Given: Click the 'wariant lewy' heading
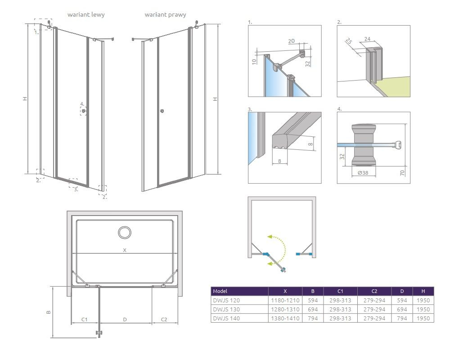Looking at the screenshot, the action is click(x=86, y=15).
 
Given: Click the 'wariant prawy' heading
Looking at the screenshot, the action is click(x=165, y=15).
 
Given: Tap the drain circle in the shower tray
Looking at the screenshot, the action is click(x=125, y=232).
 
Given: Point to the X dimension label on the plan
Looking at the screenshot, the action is click(x=125, y=250).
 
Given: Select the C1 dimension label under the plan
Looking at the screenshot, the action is click(x=84, y=319).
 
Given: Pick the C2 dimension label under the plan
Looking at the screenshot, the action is click(x=164, y=319).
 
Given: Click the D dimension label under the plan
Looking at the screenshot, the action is click(x=125, y=319).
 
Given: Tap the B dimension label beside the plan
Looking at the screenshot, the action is click(x=49, y=312).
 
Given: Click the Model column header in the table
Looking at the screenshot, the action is click(x=220, y=291).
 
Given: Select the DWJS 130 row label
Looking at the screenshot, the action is click(x=226, y=310).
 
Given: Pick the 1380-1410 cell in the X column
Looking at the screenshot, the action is click(x=285, y=318).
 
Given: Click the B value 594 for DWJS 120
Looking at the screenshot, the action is click(x=313, y=300).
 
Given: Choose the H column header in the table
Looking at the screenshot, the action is click(x=423, y=291).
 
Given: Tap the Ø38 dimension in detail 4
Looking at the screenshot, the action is click(x=363, y=173).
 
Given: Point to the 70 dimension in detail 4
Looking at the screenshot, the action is click(x=402, y=173).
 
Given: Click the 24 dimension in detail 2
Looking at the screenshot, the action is click(x=367, y=39).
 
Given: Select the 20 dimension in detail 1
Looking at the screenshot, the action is click(x=291, y=41).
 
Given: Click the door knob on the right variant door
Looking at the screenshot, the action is click(x=162, y=111).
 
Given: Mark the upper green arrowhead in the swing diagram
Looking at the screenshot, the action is click(x=270, y=237).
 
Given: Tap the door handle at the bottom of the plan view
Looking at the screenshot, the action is click(x=99, y=333).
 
